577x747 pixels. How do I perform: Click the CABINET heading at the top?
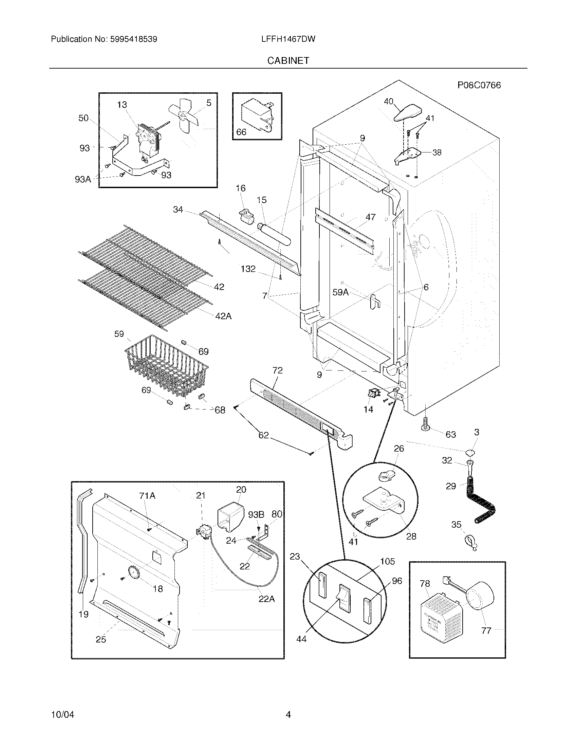288,60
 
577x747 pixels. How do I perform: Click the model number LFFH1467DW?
288,39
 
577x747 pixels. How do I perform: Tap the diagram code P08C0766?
479,85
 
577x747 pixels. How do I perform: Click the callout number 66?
241,132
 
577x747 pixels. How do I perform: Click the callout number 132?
248,269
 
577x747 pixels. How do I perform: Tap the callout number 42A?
223,316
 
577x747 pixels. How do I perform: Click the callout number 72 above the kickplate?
277,370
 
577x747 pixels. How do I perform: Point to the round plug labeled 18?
134,572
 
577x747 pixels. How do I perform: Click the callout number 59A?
340,292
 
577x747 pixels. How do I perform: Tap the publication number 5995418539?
134,39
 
